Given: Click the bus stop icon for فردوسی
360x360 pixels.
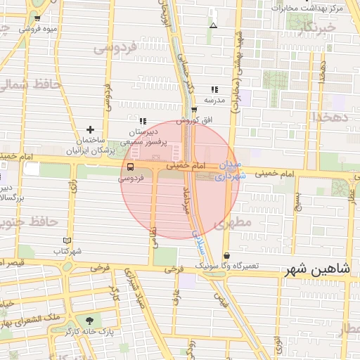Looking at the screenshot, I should pos(131,167).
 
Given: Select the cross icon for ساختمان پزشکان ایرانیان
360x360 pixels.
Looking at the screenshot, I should pos(90,129).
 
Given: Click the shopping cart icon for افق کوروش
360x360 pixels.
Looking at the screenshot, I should pos(194,109).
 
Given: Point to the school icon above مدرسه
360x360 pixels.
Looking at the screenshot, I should pos(214,89).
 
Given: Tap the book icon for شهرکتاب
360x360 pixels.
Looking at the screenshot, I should pos(67,240).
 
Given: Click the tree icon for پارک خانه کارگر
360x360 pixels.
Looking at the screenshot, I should pos(88,321).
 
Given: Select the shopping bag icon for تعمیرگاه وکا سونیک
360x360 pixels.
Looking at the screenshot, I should pos(226,256).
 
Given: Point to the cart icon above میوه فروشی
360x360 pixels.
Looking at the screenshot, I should pos(37,18).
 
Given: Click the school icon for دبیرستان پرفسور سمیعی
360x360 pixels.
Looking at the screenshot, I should pos(143,121).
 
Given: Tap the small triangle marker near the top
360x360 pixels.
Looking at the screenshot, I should pos(213,26).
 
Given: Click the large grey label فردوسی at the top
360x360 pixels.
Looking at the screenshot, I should pos(115,49).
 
